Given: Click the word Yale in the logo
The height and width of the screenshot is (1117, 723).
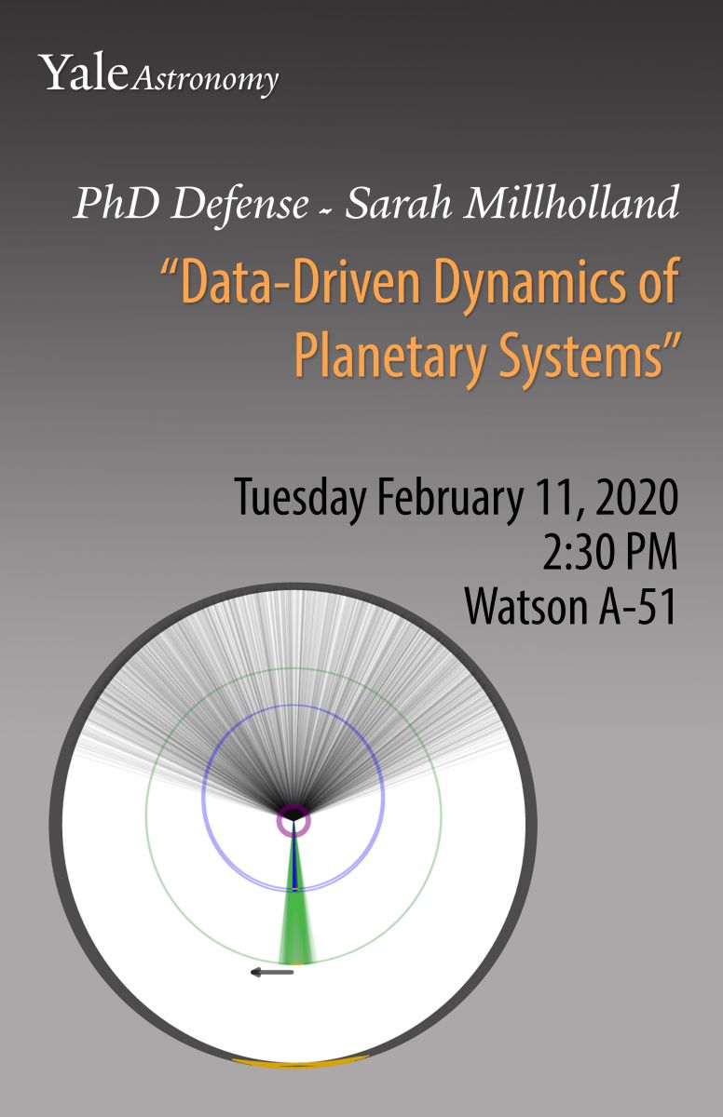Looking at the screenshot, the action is (84, 73).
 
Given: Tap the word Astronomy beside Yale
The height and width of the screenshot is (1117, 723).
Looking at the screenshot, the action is (205, 80).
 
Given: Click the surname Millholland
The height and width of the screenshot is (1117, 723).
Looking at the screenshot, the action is (571, 202).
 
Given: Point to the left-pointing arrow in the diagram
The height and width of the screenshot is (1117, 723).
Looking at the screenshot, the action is (272, 972).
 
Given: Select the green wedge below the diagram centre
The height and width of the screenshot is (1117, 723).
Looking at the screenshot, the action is (297, 927).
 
